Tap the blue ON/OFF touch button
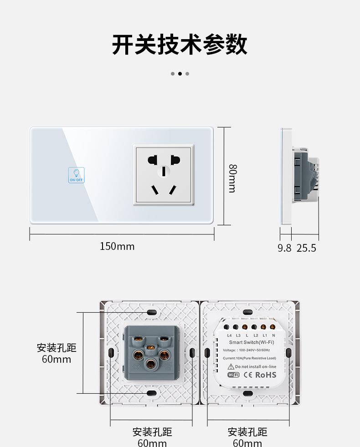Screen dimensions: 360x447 click(x=76, y=175)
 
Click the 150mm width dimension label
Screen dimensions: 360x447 click(x=117, y=246)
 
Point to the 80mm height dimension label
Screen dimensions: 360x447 click(x=232, y=178)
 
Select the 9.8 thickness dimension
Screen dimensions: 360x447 click(x=284, y=248)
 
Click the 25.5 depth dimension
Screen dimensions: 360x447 click(x=306, y=248)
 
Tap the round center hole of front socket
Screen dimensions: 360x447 click(x=163, y=171)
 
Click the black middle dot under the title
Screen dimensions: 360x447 click(x=180, y=73)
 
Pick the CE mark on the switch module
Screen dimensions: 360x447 click(x=248, y=375)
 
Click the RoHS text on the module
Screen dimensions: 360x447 click(x=266, y=375)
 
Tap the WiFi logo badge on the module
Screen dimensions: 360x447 click(x=233, y=375)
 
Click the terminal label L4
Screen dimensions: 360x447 click(x=229, y=335)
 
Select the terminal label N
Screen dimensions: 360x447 click(x=273, y=335)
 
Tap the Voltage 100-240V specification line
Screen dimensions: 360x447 click(x=246, y=350)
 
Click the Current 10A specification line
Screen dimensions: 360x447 click(x=249, y=358)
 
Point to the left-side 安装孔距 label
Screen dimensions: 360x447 click(x=57, y=348)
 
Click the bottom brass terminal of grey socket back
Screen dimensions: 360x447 click(x=150, y=364)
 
